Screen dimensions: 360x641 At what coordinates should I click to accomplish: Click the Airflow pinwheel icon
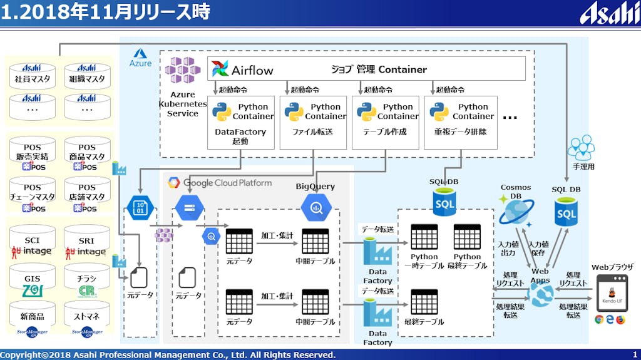click(x=220, y=69)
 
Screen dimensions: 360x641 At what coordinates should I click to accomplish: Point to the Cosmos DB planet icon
click(x=516, y=212)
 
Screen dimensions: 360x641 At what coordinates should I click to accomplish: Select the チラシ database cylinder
click(x=87, y=282)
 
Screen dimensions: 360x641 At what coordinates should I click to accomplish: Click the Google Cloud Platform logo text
click(x=219, y=183)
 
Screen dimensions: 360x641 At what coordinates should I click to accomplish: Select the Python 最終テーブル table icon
click(x=467, y=238)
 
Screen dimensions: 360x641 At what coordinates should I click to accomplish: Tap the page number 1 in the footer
click(x=635, y=355)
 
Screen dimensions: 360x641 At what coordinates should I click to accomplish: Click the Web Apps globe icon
click(x=539, y=293)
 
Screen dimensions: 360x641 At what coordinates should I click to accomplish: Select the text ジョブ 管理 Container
click(x=379, y=69)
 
